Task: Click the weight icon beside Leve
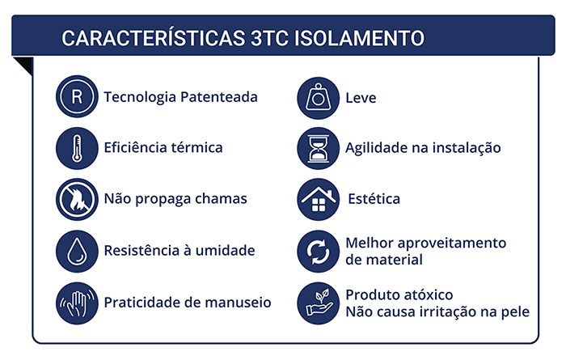click(x=318, y=98)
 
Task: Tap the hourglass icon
click(x=318, y=148)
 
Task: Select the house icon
click(x=318, y=199)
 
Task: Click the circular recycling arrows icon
click(x=318, y=252)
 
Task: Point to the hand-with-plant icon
click(x=318, y=302)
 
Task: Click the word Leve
click(x=361, y=98)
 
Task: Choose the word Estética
click(x=374, y=199)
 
